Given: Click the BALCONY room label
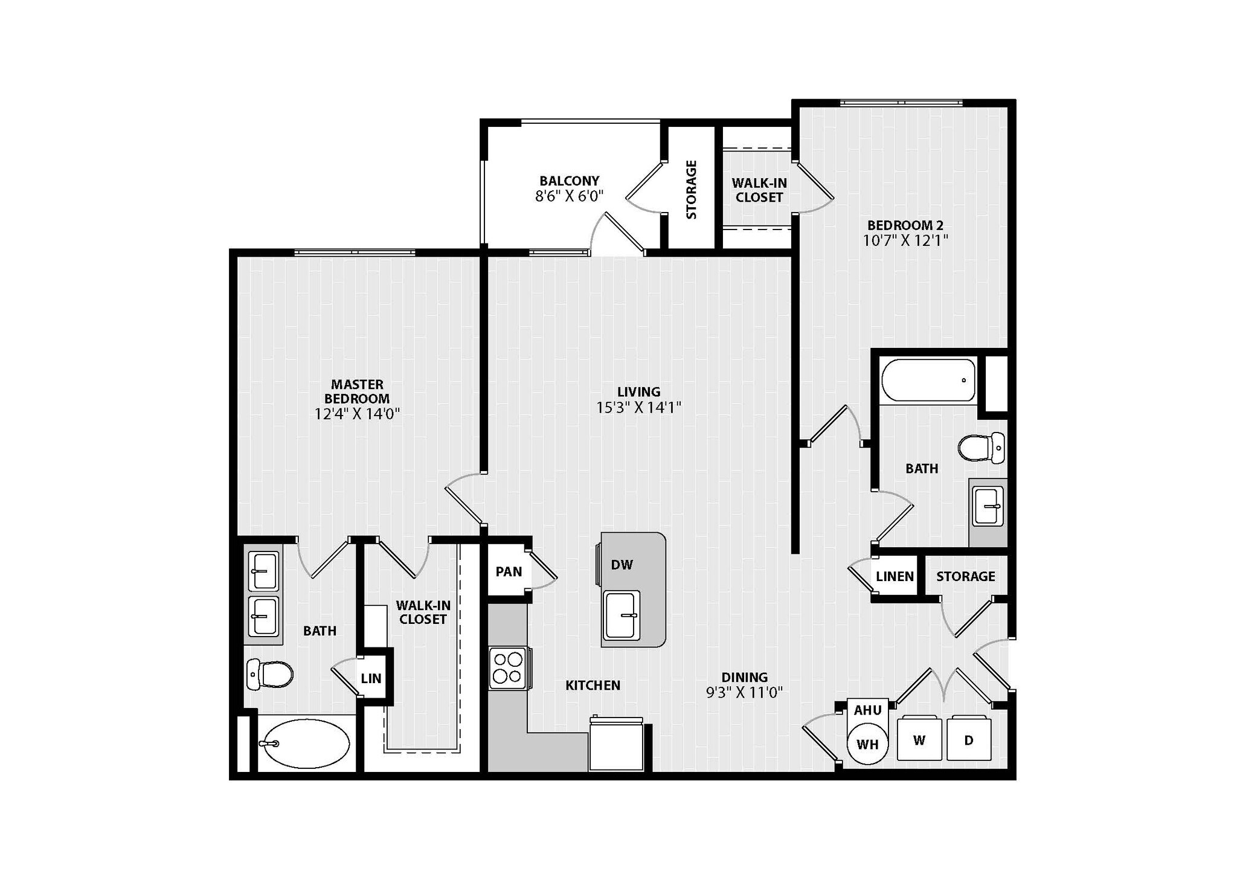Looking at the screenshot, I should (569, 181).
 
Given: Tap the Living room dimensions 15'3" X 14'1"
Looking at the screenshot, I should (638, 408).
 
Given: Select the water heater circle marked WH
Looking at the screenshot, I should (867, 744).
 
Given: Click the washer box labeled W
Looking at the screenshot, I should (919, 739).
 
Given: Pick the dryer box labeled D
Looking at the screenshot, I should (968, 739).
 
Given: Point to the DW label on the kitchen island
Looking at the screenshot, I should (622, 565).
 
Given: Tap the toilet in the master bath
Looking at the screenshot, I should (269, 674).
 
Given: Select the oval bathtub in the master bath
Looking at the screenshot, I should (304, 743).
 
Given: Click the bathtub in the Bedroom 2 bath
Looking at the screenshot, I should (928, 381).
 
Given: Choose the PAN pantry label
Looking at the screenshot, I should (509, 571).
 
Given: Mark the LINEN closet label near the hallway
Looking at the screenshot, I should (895, 576).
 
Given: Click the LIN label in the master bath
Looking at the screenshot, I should (371, 678).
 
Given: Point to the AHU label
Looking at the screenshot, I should (867, 710).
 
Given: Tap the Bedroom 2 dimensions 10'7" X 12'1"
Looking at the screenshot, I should (905, 240).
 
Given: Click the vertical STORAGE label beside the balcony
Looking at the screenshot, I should (692, 189).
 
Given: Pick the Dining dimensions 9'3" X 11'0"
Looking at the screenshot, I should (744, 692).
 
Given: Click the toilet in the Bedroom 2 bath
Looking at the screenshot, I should (981, 448).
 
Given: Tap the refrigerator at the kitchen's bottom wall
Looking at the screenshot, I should (617, 745).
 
